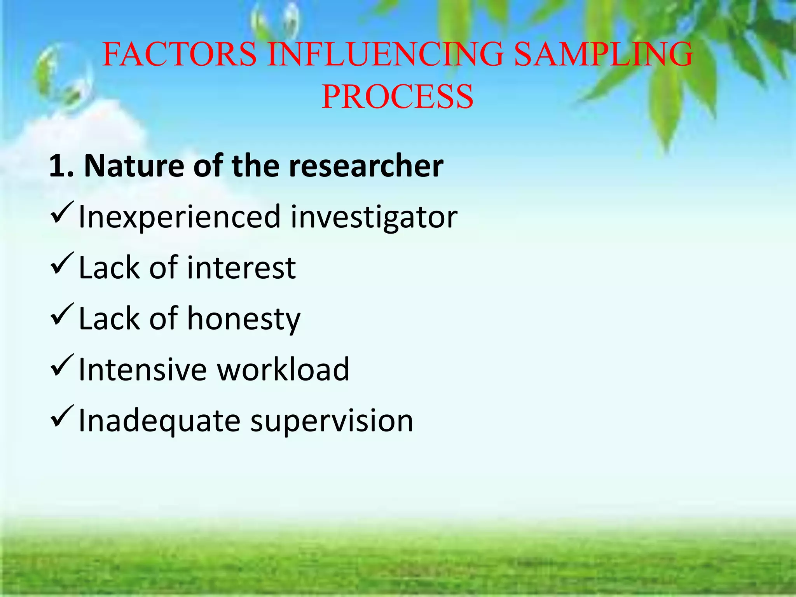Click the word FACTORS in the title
[x=180, y=54]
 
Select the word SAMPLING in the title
[x=603, y=54]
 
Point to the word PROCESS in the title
[x=397, y=97]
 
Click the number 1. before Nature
[x=61, y=166]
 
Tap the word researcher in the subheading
[x=366, y=166]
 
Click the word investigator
[x=374, y=217]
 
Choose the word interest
[x=241, y=268]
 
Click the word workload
[x=283, y=369]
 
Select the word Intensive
[x=143, y=369]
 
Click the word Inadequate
[x=159, y=421]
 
